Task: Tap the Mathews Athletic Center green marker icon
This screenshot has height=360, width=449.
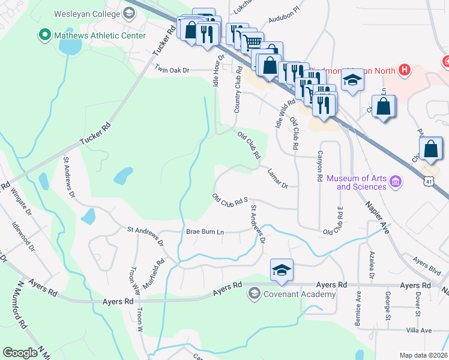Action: (x=44, y=35)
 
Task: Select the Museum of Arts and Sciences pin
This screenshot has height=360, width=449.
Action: (x=395, y=181)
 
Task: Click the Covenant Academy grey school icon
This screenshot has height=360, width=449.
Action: (x=254, y=293)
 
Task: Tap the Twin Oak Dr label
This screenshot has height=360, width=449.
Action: (x=172, y=70)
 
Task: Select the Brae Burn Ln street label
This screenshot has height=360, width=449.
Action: (x=205, y=232)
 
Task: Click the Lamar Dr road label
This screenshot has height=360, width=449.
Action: (x=279, y=178)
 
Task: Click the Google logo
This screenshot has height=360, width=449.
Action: (x=20, y=353)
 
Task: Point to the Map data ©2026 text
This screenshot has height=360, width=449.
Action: (x=423, y=355)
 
